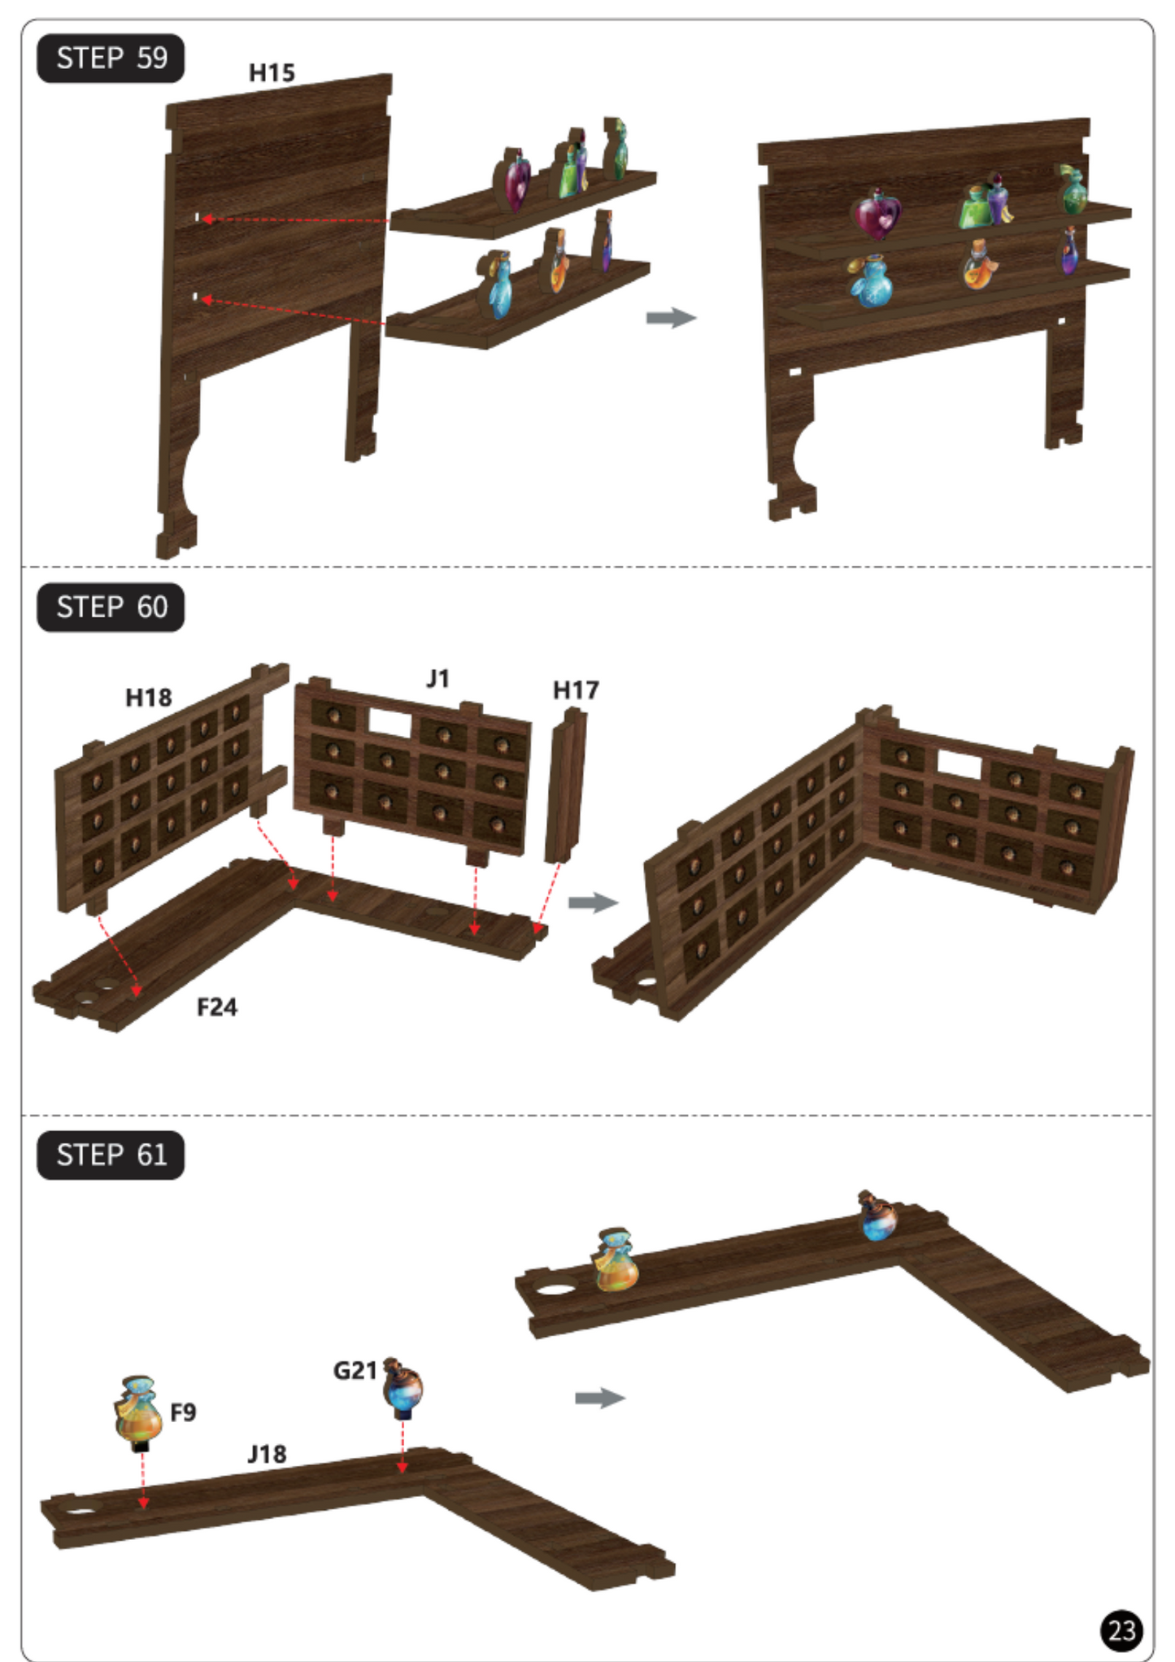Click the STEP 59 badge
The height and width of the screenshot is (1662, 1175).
tap(111, 59)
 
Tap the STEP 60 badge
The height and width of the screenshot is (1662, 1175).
tap(111, 607)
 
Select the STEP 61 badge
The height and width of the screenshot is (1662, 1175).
tap(111, 1155)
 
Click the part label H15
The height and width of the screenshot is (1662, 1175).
tap(272, 73)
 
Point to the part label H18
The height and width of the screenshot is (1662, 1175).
tap(149, 698)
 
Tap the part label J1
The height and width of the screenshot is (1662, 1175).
tap(437, 678)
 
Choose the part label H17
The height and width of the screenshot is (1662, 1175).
tap(576, 690)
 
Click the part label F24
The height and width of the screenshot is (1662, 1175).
tap(217, 1007)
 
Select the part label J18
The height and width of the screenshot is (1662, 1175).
tap(267, 1454)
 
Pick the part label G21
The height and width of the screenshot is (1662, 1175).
tap(355, 1370)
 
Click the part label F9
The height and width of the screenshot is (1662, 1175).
tap(183, 1412)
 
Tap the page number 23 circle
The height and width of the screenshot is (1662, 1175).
tap(1122, 1630)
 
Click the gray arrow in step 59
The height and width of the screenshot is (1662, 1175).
tap(672, 317)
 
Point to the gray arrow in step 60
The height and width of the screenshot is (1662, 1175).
tap(593, 903)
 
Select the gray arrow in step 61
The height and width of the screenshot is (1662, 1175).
tap(600, 1398)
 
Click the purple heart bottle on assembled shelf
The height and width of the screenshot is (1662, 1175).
tap(877, 213)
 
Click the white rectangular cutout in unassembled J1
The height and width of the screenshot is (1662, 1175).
tap(390, 722)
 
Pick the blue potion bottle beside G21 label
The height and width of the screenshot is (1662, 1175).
tap(403, 1388)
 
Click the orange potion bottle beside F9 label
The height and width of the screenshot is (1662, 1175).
tap(138, 1412)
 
